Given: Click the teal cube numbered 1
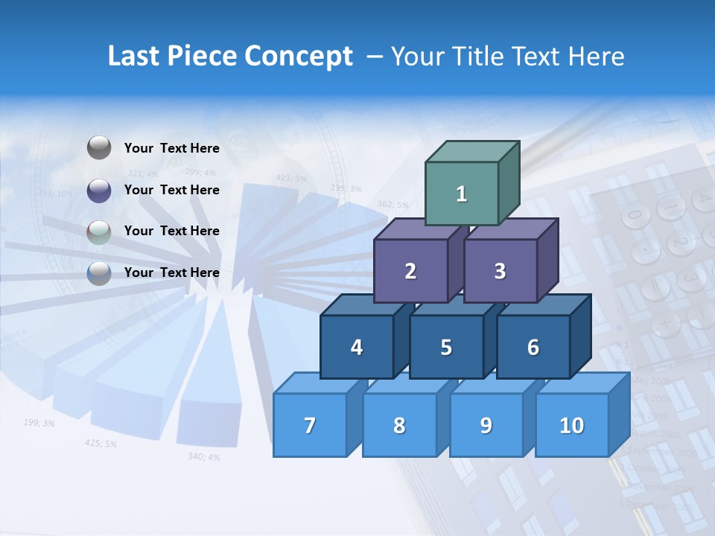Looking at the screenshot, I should tap(462, 194).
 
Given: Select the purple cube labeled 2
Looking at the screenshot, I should tap(410, 271).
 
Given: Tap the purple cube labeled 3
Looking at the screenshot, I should tap(500, 271).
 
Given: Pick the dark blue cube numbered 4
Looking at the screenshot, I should tap(357, 347).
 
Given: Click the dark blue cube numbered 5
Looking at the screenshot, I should tap(446, 347).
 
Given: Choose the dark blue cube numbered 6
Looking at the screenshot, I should tap(533, 347).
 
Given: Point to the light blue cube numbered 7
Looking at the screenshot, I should tap(310, 425).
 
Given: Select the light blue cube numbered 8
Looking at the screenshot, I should tap(399, 425).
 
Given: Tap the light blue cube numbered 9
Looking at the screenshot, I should tap(486, 425).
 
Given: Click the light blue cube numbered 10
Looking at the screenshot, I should tap(572, 425).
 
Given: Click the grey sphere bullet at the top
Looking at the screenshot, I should tap(99, 148).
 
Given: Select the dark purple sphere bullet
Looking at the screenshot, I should tap(99, 190).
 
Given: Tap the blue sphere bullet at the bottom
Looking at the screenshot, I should tap(99, 272).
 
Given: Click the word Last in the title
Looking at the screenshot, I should tap(135, 56).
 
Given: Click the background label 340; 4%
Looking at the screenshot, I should tap(203, 456).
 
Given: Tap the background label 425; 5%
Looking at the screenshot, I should tap(101, 443).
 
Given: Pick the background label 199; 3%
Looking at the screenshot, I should tap(39, 423).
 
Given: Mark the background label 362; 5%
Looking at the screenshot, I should tap(393, 204).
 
